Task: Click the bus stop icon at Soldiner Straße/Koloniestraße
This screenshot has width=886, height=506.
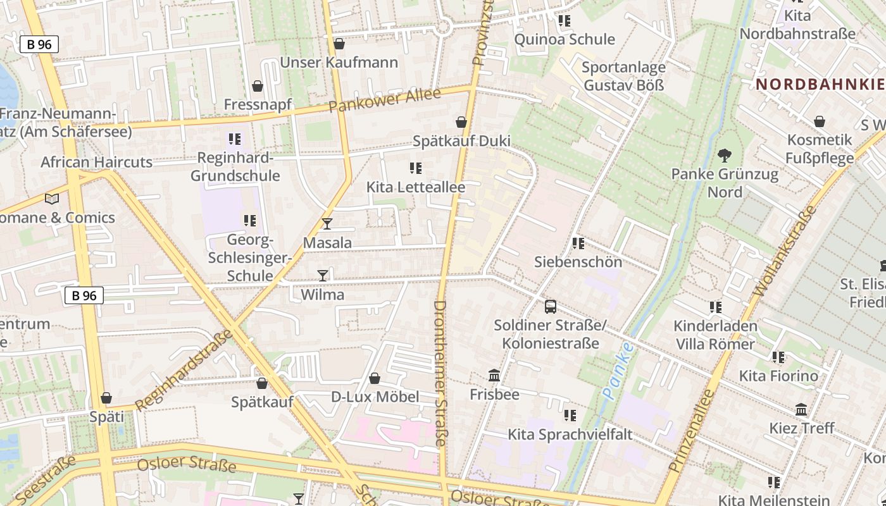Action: [551, 307]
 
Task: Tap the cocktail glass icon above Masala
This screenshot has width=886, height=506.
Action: [327, 223]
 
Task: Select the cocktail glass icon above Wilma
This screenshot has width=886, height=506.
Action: [323, 275]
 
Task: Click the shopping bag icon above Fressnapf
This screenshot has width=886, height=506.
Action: [258, 85]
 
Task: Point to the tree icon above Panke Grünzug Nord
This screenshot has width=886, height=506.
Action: [725, 155]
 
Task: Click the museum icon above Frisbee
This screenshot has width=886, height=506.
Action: [494, 376]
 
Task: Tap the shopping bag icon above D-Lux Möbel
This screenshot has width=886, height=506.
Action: [375, 378]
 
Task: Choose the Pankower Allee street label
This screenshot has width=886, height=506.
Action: [384, 101]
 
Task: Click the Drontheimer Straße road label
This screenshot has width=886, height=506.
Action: [440, 373]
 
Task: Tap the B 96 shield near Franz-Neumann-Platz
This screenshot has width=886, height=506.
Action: [39, 44]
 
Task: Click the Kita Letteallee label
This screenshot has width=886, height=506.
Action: [416, 187]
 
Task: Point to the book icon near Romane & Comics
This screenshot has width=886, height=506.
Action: [52, 199]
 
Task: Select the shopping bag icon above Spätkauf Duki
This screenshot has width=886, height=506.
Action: [461, 121]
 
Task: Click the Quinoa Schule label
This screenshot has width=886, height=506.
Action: [565, 39]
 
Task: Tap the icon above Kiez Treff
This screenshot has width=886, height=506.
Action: [801, 409]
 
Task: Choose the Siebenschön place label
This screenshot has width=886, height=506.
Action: [578, 262]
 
